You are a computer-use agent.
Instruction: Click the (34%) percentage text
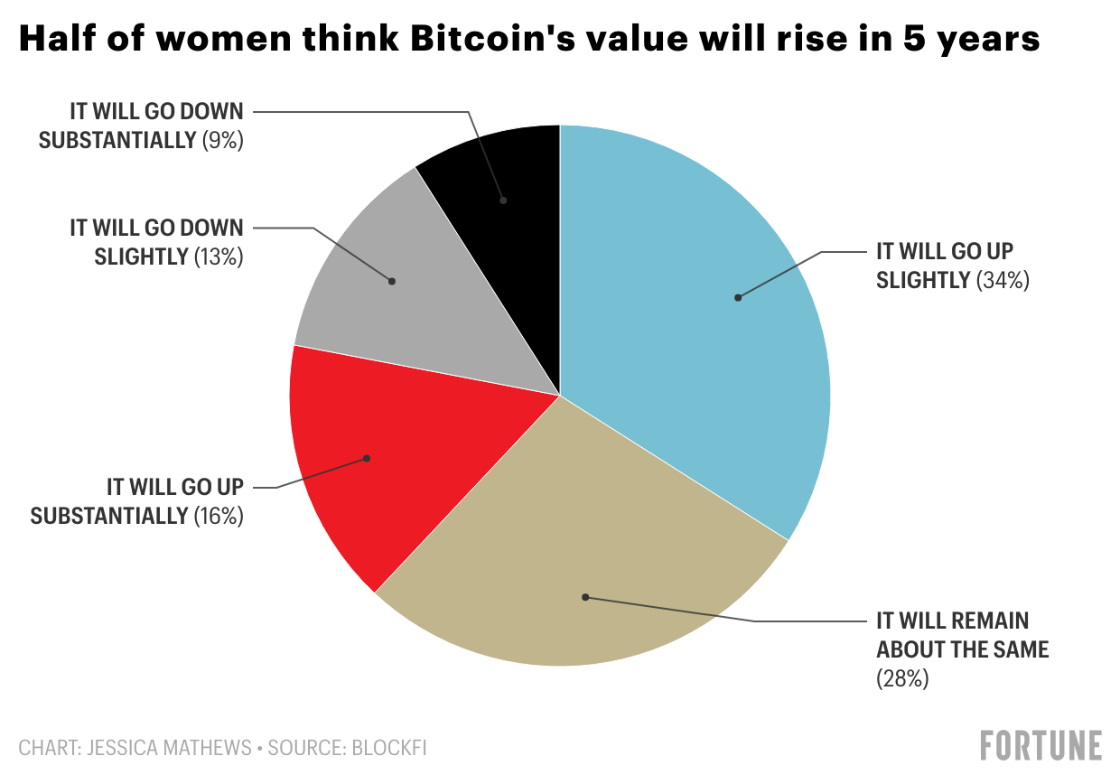tap(1003, 281)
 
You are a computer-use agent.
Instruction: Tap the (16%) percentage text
tap(218, 517)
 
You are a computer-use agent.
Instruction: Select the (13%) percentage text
tap(218, 257)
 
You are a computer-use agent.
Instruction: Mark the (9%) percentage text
tap(222, 141)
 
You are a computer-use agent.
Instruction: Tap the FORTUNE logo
tap(1041, 746)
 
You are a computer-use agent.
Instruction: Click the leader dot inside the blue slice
tap(738, 297)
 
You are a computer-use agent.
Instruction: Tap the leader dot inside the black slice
tap(504, 200)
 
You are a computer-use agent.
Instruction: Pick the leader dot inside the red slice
tap(368, 458)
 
